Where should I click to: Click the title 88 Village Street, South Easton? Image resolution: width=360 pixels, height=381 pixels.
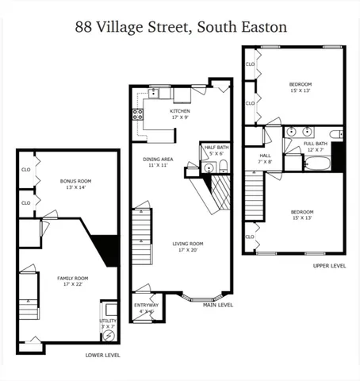(x=180, y=27)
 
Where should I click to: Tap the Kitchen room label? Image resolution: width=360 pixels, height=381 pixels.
(x=180, y=111)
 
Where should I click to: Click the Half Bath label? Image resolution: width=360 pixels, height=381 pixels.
(x=215, y=148)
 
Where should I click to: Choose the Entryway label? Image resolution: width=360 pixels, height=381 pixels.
(x=146, y=305)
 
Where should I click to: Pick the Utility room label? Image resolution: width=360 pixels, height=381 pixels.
(x=108, y=320)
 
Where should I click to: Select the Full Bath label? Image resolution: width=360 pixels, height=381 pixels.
(x=314, y=144)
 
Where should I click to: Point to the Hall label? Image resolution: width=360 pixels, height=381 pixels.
(x=264, y=156)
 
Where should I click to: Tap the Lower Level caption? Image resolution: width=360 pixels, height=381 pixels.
(x=102, y=355)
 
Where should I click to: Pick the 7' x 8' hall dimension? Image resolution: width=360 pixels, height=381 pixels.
(x=264, y=162)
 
